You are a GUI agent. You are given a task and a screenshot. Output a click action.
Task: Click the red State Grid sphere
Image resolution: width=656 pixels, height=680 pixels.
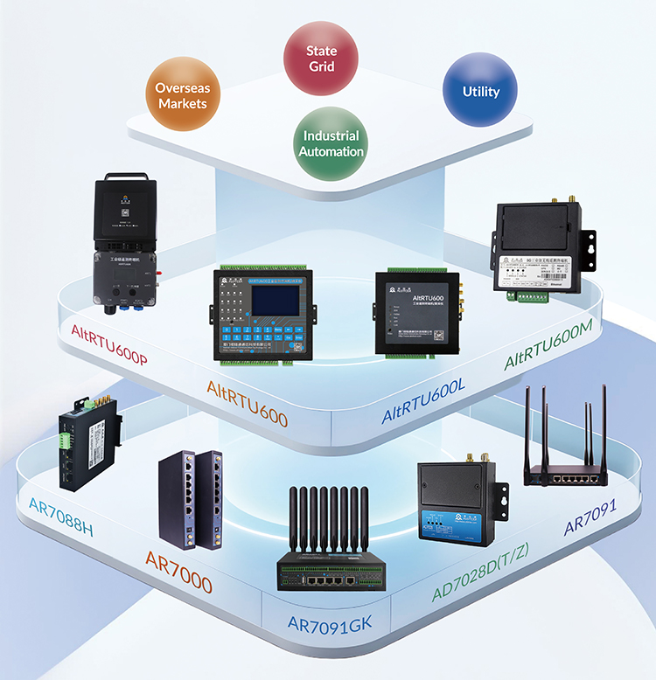[321, 59]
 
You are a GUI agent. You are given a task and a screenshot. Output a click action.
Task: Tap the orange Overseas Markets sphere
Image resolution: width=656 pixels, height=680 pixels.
[182, 95]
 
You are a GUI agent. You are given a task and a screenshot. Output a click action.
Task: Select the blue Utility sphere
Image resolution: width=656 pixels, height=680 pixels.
[480, 91]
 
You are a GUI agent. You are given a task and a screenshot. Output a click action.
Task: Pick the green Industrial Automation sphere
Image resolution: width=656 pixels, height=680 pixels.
[331, 143]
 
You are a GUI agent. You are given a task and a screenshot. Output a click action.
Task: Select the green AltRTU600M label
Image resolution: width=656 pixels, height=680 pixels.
[549, 343]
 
